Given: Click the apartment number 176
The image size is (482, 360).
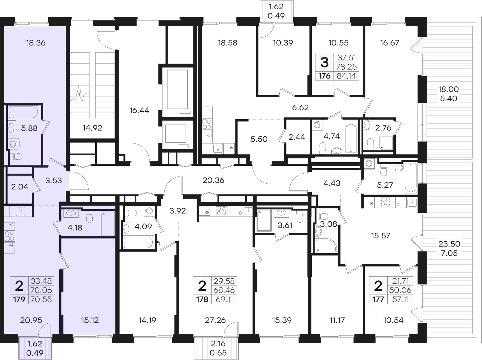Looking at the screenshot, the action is pyautogui.click(x=324, y=76).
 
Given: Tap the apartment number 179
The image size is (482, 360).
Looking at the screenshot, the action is pyautogui.click(x=19, y=299).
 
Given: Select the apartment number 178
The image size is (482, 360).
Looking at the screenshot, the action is pyautogui.click(x=202, y=299).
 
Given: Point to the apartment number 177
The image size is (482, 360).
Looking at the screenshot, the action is pyautogui.click(x=378, y=299).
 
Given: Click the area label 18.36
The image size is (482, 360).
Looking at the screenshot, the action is pyautogui.click(x=36, y=43).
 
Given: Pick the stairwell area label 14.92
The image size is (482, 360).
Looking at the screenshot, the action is pyautogui.click(x=92, y=128).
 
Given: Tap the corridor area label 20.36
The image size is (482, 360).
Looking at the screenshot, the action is pyautogui.click(x=213, y=180).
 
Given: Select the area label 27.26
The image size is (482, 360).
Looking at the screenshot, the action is pyautogui.click(x=215, y=320).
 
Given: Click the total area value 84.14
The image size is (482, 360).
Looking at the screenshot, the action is pyautogui.click(x=346, y=76).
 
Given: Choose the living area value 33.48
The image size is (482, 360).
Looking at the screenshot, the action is pyautogui.click(x=41, y=281).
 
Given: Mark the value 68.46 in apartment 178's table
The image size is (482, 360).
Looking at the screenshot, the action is pyautogui.click(x=224, y=290).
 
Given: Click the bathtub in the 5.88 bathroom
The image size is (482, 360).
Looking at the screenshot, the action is pyautogui.click(x=23, y=113).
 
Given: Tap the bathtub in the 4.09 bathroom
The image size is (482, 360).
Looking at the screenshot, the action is pyautogui.click(x=138, y=242).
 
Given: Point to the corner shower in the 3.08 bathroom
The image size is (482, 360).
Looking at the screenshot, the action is pyautogui.click(x=325, y=245).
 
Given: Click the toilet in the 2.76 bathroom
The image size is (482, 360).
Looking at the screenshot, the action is pyautogui.click(x=370, y=144).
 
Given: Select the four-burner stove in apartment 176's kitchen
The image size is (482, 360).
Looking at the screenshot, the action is pyautogui.click(x=207, y=124).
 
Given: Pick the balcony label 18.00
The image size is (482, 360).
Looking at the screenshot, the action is pyautogui.click(x=449, y=89).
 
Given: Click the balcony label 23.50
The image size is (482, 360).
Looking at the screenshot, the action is pyautogui.click(x=449, y=244).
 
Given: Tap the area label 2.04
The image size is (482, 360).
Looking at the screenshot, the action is pyautogui.click(x=20, y=187).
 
